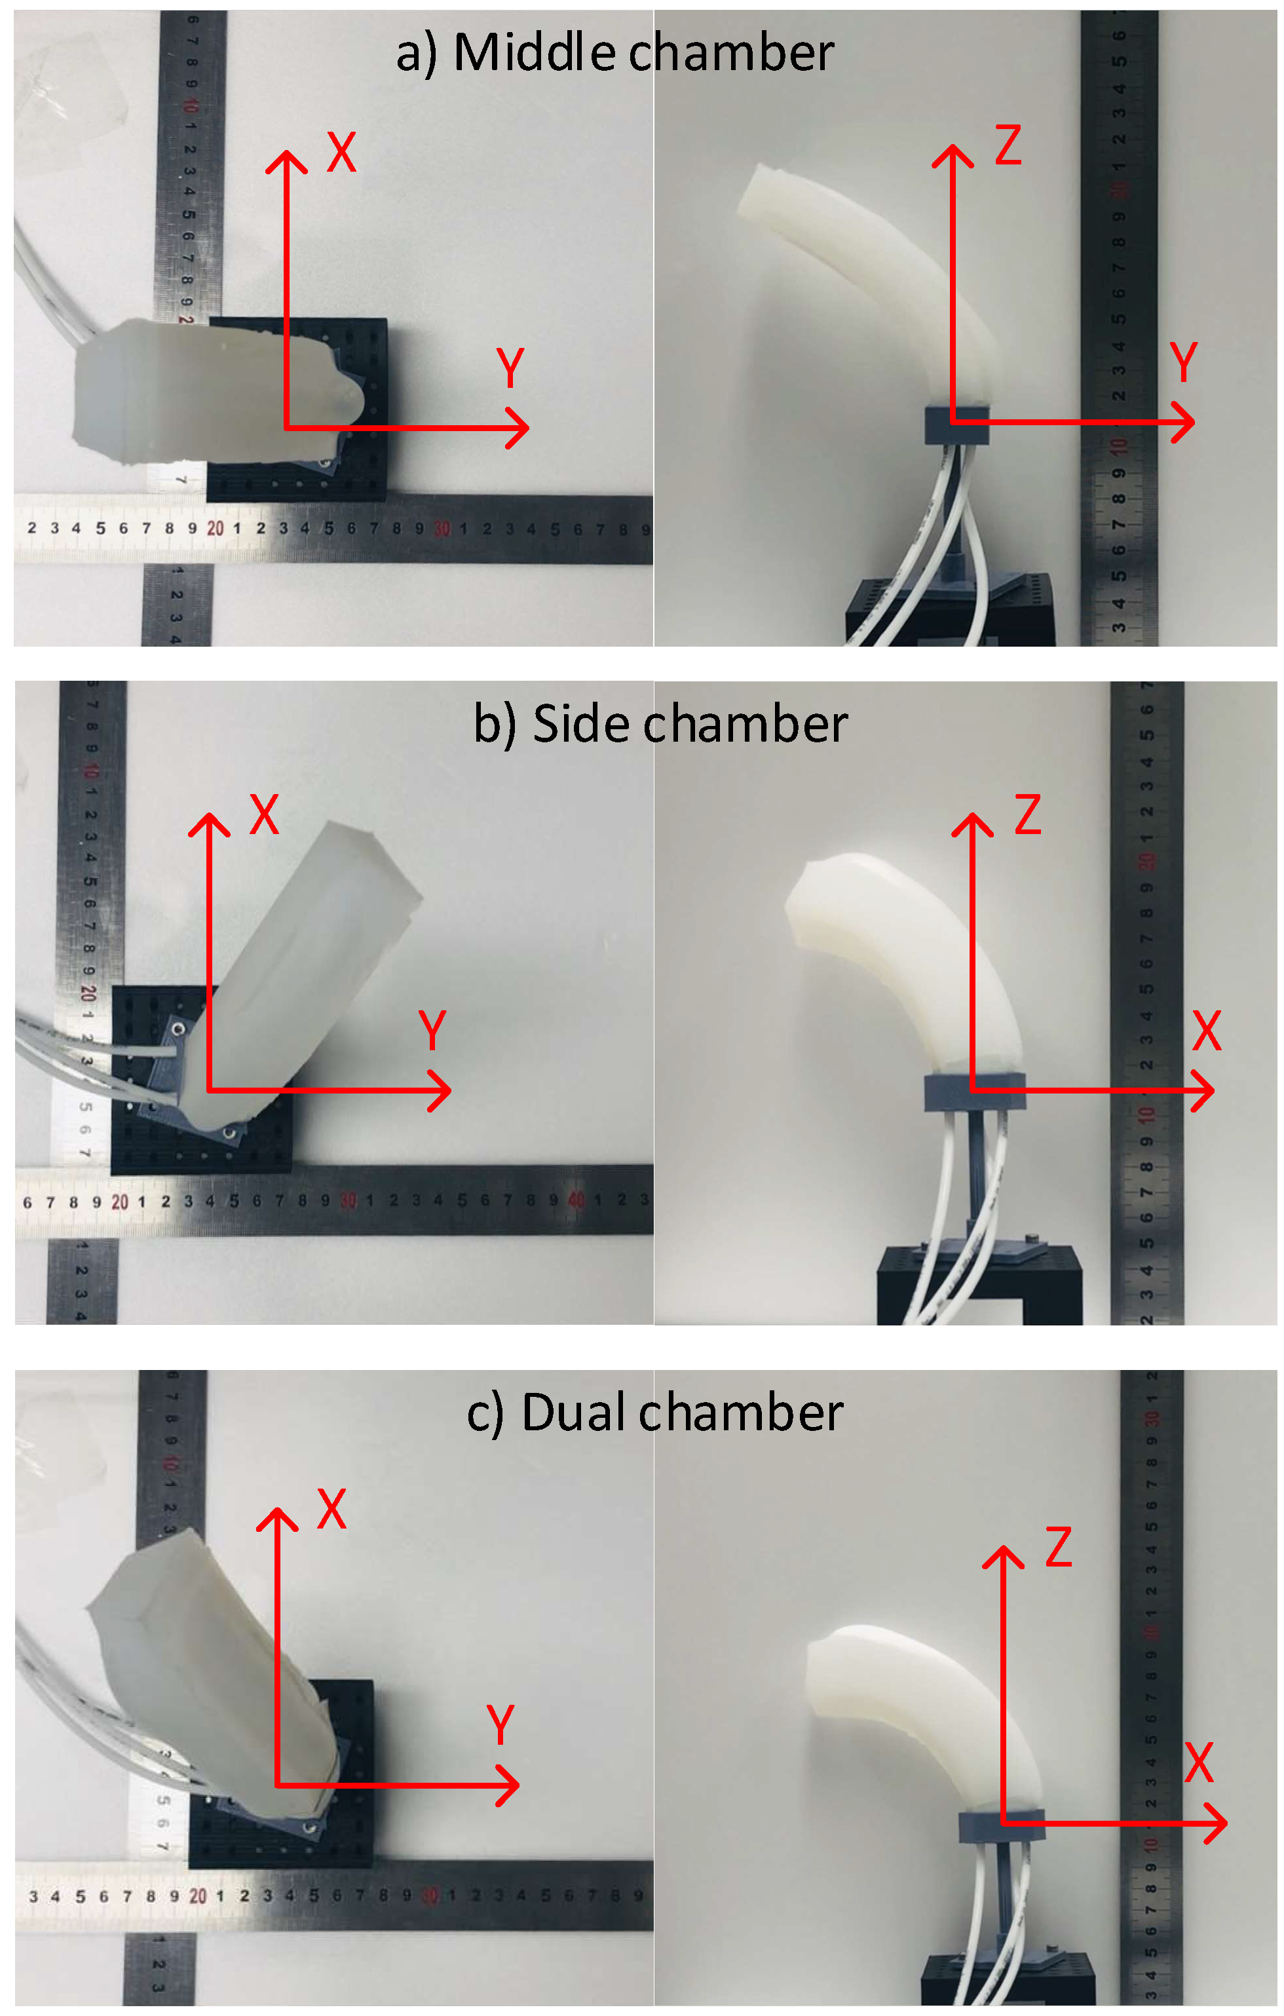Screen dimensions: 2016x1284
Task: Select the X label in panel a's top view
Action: click(341, 153)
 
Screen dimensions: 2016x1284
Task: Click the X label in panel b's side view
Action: click(1206, 1031)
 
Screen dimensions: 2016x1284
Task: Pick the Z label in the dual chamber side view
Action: click(1058, 1547)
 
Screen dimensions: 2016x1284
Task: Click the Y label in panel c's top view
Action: click(500, 1724)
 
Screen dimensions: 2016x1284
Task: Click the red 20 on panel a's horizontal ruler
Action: click(215, 528)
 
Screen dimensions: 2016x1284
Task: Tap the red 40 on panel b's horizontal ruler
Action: click(576, 1200)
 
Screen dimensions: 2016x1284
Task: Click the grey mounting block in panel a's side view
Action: click(956, 425)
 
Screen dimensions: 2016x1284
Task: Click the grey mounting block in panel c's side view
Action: click(1001, 1825)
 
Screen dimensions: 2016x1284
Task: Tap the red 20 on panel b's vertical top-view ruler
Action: click(88, 994)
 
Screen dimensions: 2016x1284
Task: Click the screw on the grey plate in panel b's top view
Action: click(178, 1028)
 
